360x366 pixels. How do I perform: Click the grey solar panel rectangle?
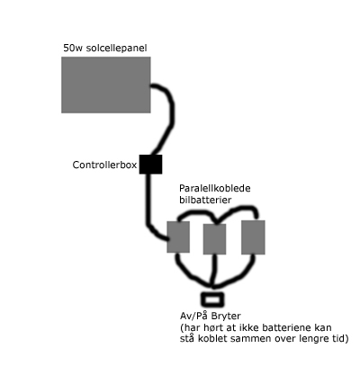point(106,85)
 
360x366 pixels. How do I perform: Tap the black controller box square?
point(150,165)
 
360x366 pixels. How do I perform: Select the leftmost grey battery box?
point(178,237)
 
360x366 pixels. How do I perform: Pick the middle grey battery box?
point(214,239)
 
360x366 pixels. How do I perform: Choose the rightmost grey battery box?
point(253,237)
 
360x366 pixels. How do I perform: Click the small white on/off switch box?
point(212,299)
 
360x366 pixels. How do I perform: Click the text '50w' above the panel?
point(73,48)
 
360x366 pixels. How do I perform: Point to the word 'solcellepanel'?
point(116,48)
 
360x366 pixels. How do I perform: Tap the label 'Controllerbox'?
point(104,165)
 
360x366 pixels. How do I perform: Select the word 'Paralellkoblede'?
point(215,188)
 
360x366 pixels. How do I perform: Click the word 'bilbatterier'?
point(205,200)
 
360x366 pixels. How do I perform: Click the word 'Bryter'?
point(226,317)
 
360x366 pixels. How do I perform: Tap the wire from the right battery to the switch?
point(240,274)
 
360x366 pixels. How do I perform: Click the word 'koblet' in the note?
point(210,339)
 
